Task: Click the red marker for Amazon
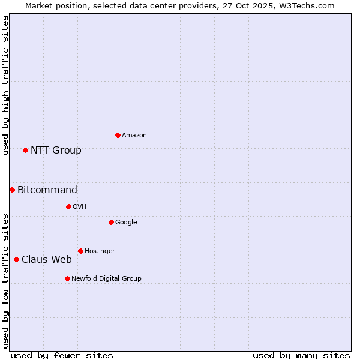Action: click(118, 135)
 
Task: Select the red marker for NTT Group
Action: click(25, 150)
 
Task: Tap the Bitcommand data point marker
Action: click(12, 190)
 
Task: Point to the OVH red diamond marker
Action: click(68, 206)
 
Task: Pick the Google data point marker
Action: click(111, 222)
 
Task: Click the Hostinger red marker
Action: click(80, 251)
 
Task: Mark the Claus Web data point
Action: click(16, 259)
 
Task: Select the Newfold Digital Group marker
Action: click(67, 278)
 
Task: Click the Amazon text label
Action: click(134, 136)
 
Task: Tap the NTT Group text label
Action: click(56, 151)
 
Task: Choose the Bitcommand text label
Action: click(47, 190)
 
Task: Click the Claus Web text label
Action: click(47, 260)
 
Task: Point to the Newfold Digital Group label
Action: click(106, 278)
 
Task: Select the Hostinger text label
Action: click(100, 251)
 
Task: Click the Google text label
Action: click(126, 222)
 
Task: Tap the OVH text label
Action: click(80, 207)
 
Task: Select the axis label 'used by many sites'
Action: click(301, 355)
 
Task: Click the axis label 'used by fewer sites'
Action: click(62, 355)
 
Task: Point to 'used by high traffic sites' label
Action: click(5, 85)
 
